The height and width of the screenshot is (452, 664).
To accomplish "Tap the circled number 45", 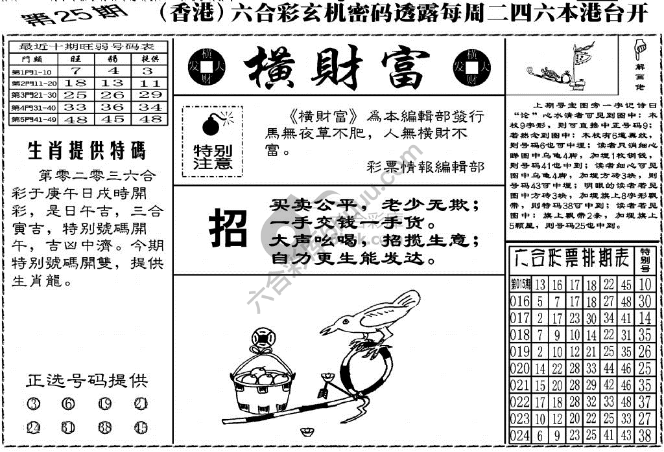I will click(x=141, y=428).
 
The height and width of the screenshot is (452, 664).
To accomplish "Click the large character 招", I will click(x=228, y=229).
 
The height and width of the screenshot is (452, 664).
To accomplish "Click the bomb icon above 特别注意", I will click(x=212, y=124).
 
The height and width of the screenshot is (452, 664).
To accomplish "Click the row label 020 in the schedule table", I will click(x=520, y=368).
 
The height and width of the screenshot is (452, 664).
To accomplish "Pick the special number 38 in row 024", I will click(x=644, y=436).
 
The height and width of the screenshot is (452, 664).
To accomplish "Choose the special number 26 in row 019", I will click(x=644, y=352).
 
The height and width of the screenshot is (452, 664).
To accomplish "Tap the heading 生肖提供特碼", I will click(x=87, y=151).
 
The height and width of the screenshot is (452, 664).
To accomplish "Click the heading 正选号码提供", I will click(x=87, y=380).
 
